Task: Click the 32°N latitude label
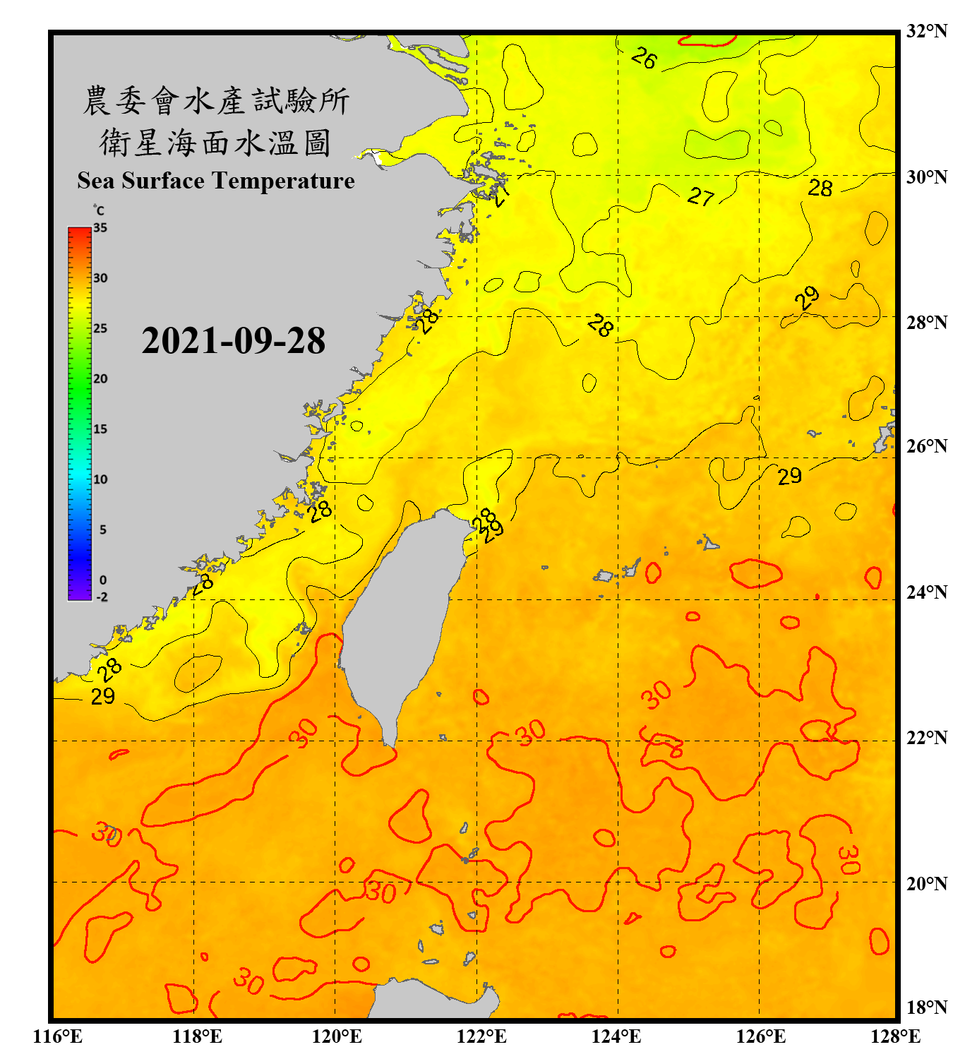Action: point(926,31)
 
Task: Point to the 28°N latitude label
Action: point(926,323)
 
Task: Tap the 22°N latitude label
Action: point(926,738)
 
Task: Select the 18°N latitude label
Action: point(926,1007)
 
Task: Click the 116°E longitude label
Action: point(58,1036)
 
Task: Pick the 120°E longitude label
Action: point(337,1036)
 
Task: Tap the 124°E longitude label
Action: point(616,1036)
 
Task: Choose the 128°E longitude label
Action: point(895,1036)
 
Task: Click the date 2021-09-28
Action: point(233,341)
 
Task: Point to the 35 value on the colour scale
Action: point(100,228)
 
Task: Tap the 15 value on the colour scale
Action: point(100,429)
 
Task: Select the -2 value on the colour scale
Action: point(102,597)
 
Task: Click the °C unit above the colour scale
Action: point(99,210)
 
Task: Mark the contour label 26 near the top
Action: point(643,58)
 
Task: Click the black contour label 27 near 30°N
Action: point(701,196)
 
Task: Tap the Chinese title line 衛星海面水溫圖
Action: point(215,143)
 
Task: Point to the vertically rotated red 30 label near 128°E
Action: point(849,859)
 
